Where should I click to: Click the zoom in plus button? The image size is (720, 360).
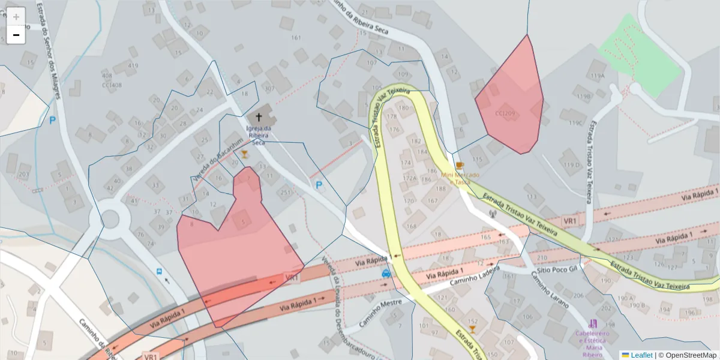click(x=16, y=17)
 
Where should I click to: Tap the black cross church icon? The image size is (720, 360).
click(x=259, y=118)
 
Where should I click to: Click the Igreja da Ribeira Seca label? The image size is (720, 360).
click(x=259, y=136)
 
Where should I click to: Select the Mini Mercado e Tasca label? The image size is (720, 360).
click(x=460, y=178)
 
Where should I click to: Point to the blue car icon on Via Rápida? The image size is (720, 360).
click(x=386, y=273)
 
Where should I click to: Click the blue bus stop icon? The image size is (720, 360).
click(x=160, y=271)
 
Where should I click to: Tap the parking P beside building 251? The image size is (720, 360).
click(x=319, y=185)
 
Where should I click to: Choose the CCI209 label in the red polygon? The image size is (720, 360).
click(x=505, y=113)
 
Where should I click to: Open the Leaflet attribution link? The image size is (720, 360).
click(x=641, y=355)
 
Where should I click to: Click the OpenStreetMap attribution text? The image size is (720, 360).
click(x=687, y=355)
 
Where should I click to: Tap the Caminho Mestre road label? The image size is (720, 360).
click(x=380, y=313)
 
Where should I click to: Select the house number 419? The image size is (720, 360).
click(x=133, y=66)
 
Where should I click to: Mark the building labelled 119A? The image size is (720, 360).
click(x=598, y=76)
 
